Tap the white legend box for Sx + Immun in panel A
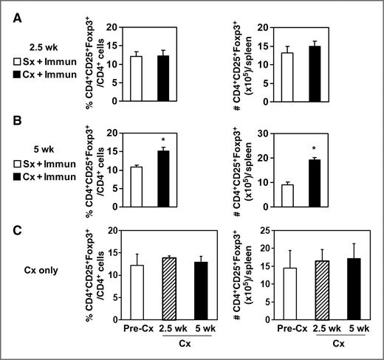coord(25,59)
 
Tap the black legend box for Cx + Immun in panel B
coord(25,177)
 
